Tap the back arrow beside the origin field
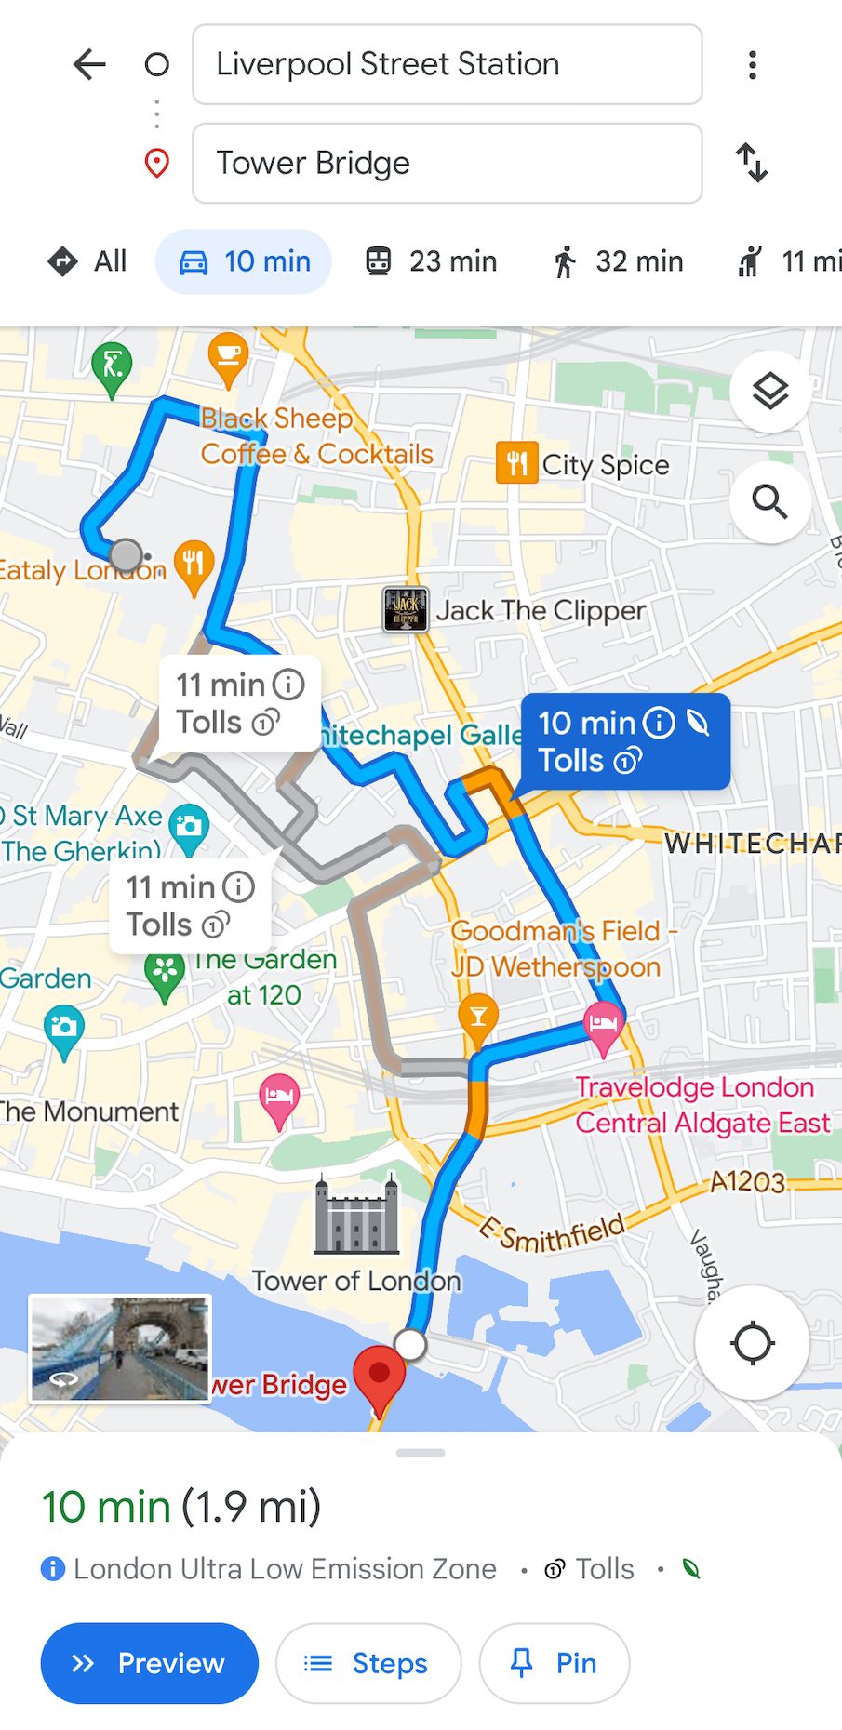click(x=89, y=65)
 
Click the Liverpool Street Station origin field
click(x=447, y=64)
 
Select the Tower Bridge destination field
click(x=447, y=163)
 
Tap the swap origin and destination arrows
click(x=752, y=163)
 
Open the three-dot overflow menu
click(x=752, y=65)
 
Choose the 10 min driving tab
click(x=244, y=261)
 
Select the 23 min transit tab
click(x=430, y=261)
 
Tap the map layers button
click(x=769, y=392)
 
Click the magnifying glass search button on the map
click(x=769, y=502)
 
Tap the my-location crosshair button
click(x=752, y=1343)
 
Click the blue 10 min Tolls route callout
click(x=624, y=741)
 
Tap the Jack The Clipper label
click(x=540, y=610)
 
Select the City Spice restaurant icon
click(x=516, y=463)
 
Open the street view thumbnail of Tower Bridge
click(x=120, y=1347)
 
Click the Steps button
click(x=368, y=1663)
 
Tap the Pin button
click(x=555, y=1663)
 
